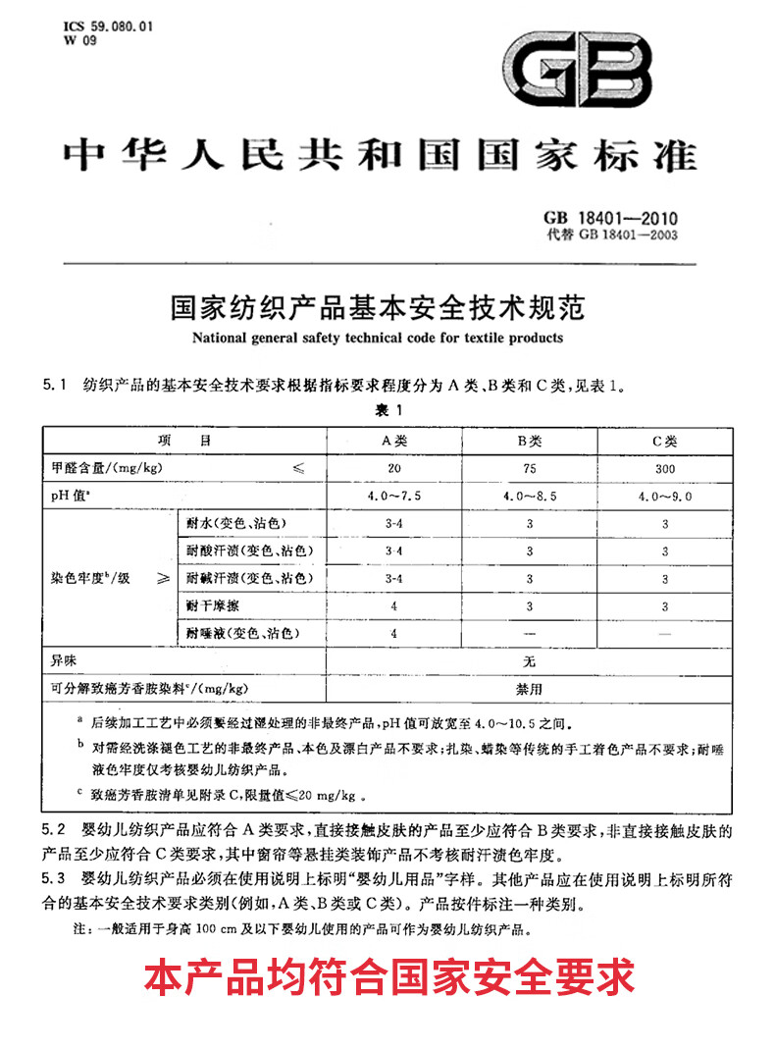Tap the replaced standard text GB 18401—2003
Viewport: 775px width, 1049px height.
click(614, 235)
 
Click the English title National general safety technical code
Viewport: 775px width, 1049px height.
click(378, 338)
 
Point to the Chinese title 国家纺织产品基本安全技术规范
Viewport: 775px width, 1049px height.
click(378, 308)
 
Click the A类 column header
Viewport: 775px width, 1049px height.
click(392, 442)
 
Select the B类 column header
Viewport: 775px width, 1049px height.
click(530, 442)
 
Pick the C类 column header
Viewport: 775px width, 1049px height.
click(665, 442)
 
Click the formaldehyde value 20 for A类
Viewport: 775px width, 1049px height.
click(392, 468)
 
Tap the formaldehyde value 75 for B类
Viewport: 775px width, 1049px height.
click(530, 468)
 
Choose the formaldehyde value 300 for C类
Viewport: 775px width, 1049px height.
click(665, 468)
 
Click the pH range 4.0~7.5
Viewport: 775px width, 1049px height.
click(392, 497)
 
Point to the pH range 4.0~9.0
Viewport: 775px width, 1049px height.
click(665, 497)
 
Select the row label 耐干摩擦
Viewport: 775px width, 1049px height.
click(213, 606)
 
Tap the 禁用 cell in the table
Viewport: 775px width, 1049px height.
click(530, 689)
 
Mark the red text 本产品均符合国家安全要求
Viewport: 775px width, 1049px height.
click(388, 977)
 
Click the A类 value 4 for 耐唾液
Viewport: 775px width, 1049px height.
click(392, 634)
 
